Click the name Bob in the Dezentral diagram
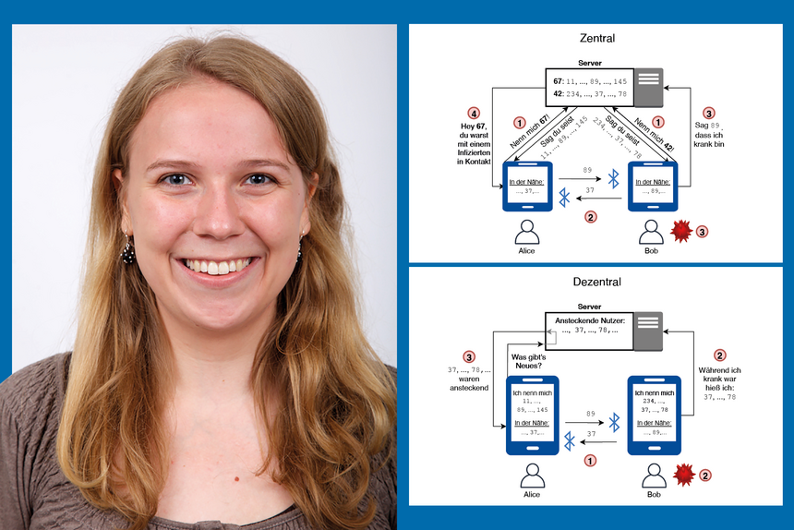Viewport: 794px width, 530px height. [x=654, y=495]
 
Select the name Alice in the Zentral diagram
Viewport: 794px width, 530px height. [x=527, y=250]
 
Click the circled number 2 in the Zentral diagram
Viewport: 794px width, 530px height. [x=591, y=218]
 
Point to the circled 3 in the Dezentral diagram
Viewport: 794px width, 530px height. [x=469, y=356]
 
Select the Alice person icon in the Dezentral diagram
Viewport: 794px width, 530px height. [x=530, y=475]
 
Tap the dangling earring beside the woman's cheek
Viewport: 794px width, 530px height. [x=126, y=248]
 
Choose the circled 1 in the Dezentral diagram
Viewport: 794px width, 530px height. [x=591, y=459]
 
